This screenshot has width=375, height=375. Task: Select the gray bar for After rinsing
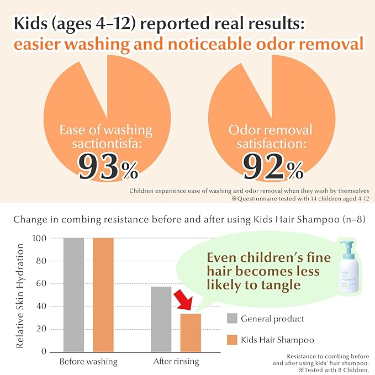161,319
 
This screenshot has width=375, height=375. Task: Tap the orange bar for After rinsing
191,332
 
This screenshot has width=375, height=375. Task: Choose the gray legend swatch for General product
232,319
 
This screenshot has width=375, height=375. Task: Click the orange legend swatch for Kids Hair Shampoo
232,340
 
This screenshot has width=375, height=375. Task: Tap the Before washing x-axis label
88,362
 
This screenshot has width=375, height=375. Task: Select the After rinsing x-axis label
176,362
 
